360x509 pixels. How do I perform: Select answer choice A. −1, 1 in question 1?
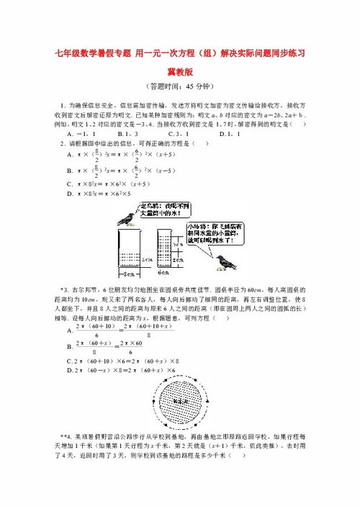point(81,133)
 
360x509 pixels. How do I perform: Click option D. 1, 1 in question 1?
point(229,133)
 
